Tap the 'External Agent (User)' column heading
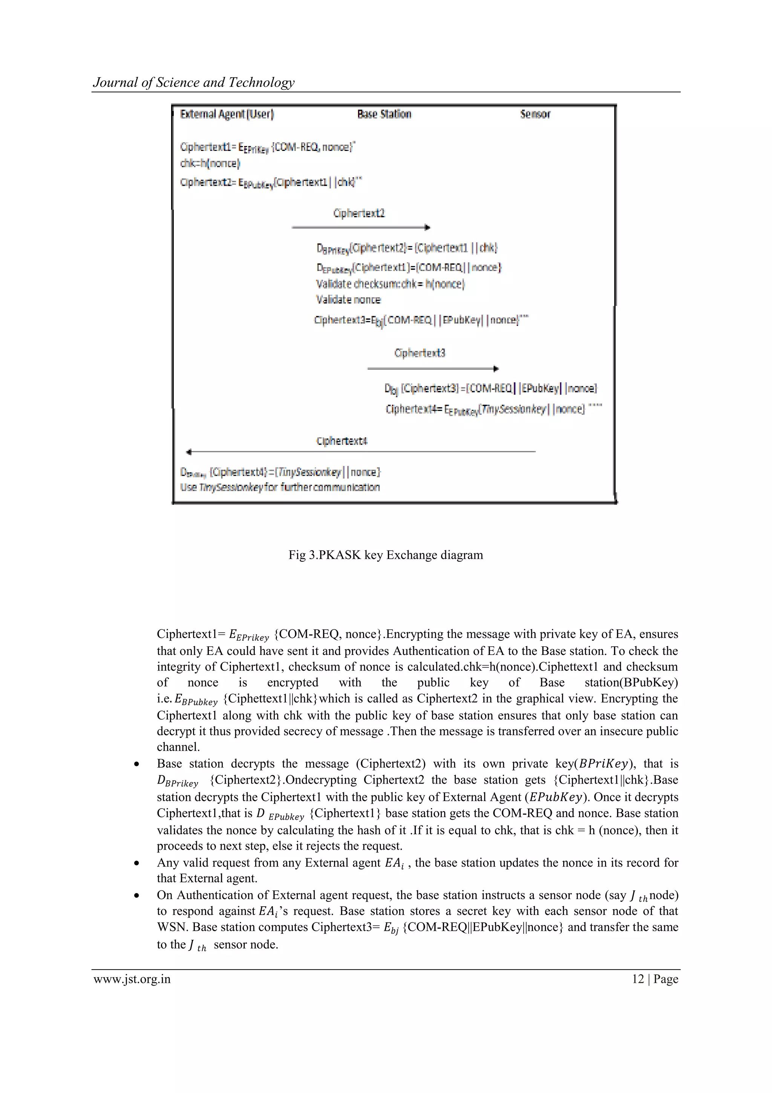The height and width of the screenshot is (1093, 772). coord(227,114)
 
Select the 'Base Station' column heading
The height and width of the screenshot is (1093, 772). coord(384,114)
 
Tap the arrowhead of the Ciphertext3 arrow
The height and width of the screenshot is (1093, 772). coord(496,369)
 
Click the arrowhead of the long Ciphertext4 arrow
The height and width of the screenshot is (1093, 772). coord(189,452)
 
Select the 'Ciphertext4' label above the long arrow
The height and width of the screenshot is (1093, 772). coord(342,441)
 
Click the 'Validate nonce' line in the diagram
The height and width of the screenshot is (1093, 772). coord(348,300)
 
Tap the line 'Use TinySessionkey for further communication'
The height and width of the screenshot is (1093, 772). coord(280,487)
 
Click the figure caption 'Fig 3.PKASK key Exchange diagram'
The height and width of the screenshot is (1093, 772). coord(385,555)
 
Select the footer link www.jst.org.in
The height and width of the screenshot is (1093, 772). coord(132,979)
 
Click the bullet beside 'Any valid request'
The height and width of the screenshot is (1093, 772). coord(136,864)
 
